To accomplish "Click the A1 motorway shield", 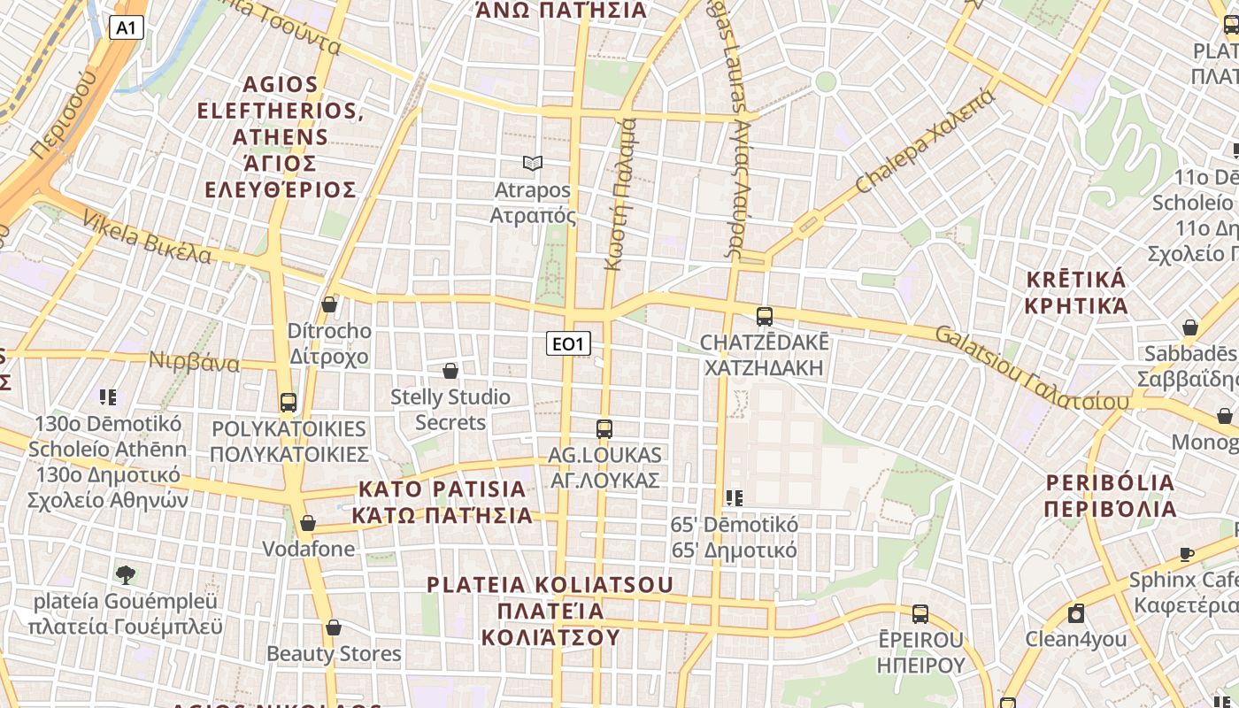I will click(x=127, y=28).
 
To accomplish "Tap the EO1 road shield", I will click(x=567, y=343).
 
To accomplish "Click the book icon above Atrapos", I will click(x=532, y=164).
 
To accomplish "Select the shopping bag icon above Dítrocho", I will click(x=329, y=304).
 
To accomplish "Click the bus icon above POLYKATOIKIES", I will click(x=289, y=403).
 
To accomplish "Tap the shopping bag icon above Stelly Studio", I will click(x=450, y=371).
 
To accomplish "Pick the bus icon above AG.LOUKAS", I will click(x=604, y=429).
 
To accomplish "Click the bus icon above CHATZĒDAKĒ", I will click(x=765, y=316).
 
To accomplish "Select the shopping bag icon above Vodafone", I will click(x=308, y=523).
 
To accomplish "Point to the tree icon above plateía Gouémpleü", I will click(x=125, y=574).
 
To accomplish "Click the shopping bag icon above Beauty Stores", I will click(x=334, y=627).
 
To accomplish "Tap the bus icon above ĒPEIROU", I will click(x=920, y=613).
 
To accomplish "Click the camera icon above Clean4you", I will click(x=1076, y=613).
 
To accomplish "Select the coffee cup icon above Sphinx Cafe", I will click(x=1187, y=555).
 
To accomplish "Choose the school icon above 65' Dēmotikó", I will click(x=734, y=498).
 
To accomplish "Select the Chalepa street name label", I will click(x=926, y=142).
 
